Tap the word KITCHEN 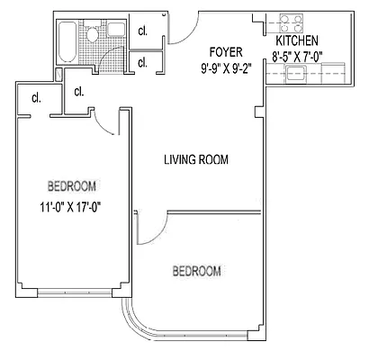coord(298,41)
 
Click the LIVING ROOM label coord(196,160)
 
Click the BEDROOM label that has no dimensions coord(196,271)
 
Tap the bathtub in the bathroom coord(67,40)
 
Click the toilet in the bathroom coord(92,36)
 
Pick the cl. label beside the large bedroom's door coord(78,91)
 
